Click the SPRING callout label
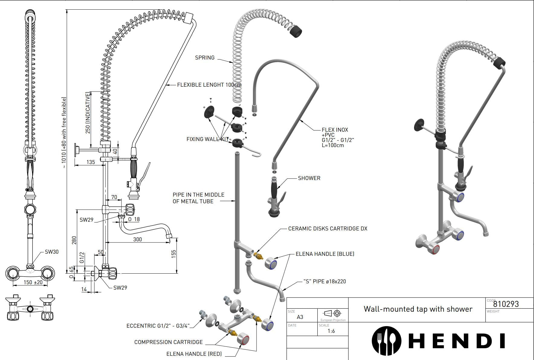click(x=205, y=57)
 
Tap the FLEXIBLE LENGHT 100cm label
click(x=209, y=85)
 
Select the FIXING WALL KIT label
click(x=208, y=139)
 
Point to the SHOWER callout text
click(x=309, y=178)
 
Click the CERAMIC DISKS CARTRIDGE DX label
click(x=328, y=228)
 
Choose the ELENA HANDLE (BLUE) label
click(x=325, y=254)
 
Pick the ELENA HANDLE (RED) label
click(x=194, y=354)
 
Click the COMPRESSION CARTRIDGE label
click(x=168, y=342)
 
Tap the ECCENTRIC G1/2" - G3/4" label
click(x=158, y=326)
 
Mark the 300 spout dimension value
click(x=138, y=239)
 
